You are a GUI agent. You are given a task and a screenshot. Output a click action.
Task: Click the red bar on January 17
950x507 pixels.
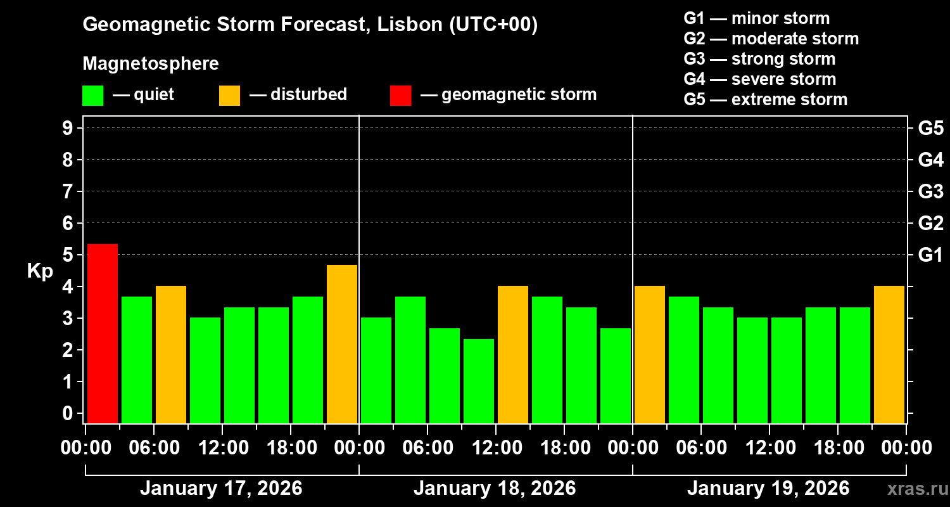click(102, 333)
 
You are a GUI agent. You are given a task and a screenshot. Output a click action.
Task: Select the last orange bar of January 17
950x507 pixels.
click(342, 344)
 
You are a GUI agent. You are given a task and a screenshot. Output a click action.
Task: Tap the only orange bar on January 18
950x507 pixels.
click(513, 354)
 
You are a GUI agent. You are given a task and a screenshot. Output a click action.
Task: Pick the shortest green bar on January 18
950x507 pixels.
click(479, 381)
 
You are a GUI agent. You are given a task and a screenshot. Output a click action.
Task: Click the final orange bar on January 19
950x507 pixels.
click(889, 354)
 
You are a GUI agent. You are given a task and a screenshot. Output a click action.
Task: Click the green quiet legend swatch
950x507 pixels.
click(92, 95)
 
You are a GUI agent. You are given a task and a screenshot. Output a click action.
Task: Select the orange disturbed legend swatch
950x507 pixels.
click(229, 95)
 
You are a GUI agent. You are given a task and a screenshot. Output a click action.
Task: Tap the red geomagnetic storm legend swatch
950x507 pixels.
click(400, 95)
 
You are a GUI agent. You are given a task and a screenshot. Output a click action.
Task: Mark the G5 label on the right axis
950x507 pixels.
click(930, 128)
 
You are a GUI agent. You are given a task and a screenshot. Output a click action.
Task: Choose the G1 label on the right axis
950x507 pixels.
click(930, 255)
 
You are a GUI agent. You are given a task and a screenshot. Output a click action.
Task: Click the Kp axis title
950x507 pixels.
click(40, 271)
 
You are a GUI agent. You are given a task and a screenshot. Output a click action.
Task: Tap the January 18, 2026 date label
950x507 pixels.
click(495, 489)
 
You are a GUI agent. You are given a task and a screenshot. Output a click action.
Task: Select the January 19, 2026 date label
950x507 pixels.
click(768, 489)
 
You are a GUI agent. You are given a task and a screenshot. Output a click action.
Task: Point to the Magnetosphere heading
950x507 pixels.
click(151, 64)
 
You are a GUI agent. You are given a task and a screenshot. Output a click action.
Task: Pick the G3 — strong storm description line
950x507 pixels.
click(759, 59)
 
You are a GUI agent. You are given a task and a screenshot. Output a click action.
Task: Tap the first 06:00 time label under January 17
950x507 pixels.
click(154, 448)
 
